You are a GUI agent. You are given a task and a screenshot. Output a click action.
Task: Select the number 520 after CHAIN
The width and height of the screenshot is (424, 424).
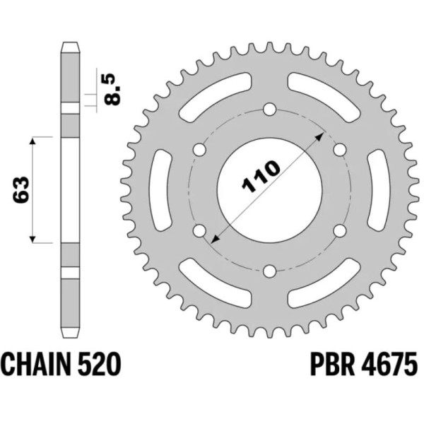102,367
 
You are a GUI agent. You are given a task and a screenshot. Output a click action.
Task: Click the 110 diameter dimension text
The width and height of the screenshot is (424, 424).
261,175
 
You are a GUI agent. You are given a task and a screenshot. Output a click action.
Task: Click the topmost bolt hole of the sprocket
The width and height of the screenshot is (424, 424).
269,110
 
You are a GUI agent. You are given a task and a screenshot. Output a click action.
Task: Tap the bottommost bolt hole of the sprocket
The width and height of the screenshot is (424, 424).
269,271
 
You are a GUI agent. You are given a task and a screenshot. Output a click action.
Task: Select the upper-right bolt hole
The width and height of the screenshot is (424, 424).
339,150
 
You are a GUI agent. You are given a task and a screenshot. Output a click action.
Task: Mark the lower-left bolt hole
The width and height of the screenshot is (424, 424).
199,230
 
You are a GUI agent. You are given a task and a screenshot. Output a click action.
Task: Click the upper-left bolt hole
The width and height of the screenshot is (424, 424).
199,150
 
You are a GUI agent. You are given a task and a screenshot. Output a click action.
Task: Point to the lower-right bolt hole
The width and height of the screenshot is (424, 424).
339,230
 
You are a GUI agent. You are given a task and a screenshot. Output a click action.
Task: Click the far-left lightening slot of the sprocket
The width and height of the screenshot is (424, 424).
160,190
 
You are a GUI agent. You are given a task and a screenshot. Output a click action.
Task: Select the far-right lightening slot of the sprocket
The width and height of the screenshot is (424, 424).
378,190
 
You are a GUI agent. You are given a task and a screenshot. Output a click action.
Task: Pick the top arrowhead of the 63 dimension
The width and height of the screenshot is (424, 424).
33,141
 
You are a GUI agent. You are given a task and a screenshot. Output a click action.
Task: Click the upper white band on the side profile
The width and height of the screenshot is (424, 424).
69,108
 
